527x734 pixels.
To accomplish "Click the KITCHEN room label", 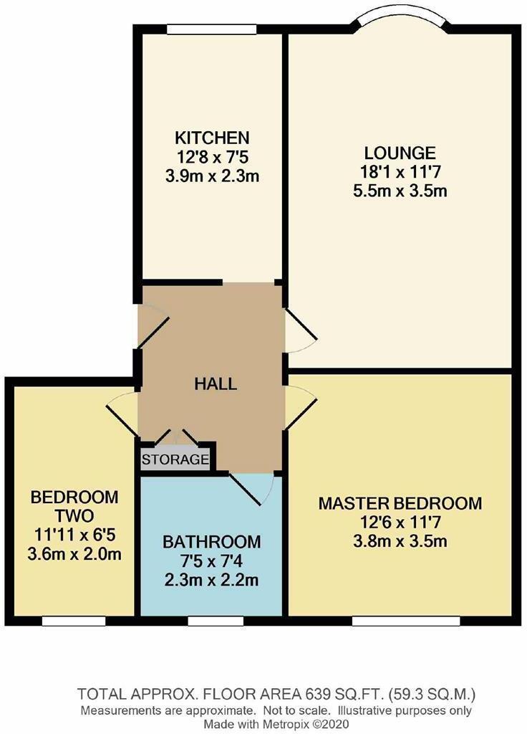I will coord(213,138).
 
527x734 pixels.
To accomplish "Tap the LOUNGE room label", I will coord(400,153).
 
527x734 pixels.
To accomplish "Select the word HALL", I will coord(216,383).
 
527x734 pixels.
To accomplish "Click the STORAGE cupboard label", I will coord(175,459).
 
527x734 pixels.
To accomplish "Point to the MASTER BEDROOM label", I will coord(400,503).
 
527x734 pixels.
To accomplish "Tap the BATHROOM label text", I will coord(211,541).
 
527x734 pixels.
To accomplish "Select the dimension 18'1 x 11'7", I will coord(400,172).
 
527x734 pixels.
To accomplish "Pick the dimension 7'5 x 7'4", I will coord(211,560).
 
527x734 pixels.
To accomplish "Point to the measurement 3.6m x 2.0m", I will coord(74,553).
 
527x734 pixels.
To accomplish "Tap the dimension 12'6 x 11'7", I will coord(400,522).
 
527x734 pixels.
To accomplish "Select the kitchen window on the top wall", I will coord(212,29).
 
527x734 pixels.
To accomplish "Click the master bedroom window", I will coord(405,620).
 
